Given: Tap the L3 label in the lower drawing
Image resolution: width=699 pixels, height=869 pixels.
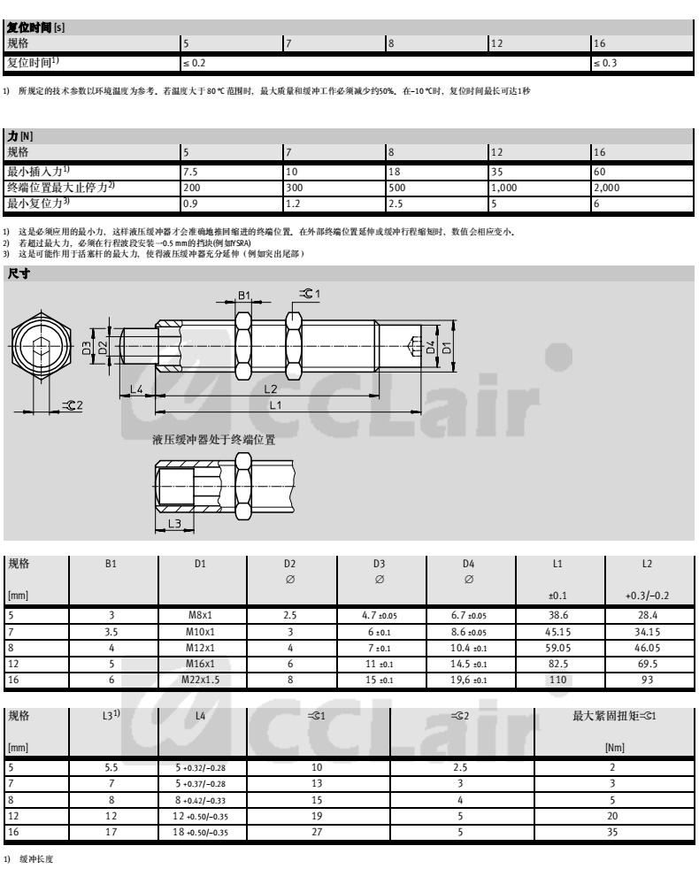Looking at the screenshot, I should click(x=173, y=524).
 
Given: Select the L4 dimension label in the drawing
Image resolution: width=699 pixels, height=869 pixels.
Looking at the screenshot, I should click(x=136, y=388).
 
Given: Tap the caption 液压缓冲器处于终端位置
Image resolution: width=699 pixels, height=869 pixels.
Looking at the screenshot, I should click(x=213, y=439).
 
